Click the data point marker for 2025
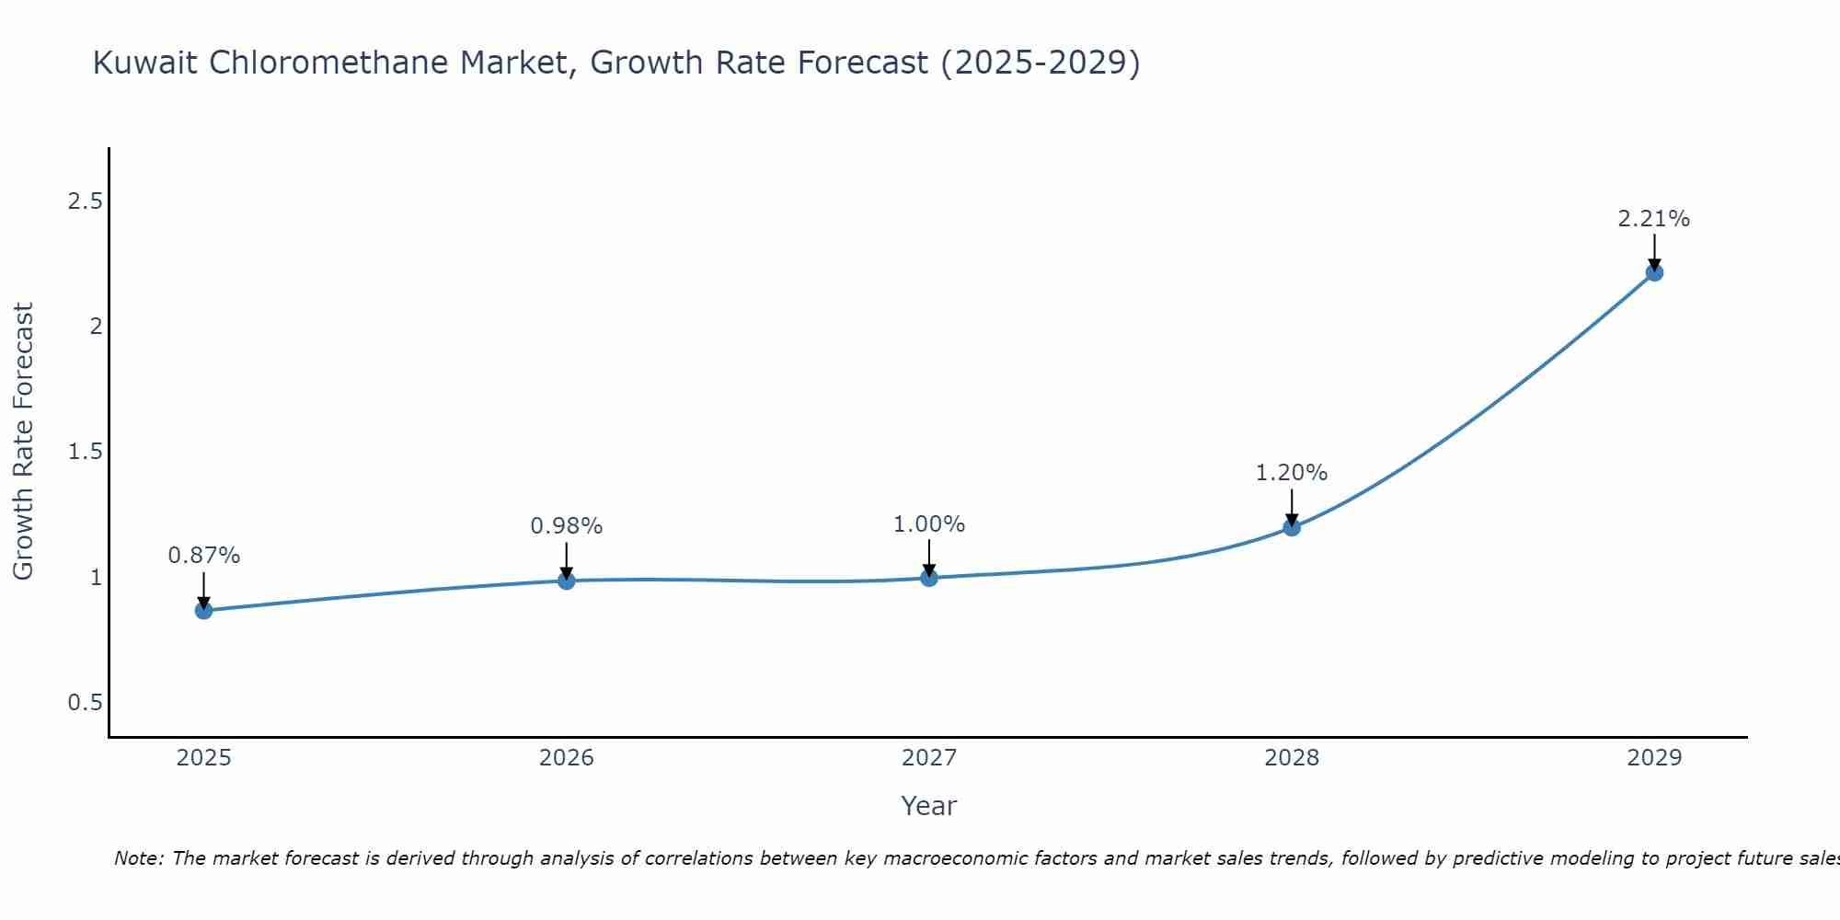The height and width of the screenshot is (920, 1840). [203, 610]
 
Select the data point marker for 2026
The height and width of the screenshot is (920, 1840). [566, 581]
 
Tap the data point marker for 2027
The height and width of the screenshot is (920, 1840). [928, 578]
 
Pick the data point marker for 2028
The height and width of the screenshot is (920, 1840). [1291, 527]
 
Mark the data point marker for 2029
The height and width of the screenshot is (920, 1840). [1653, 272]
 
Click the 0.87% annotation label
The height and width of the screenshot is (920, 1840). [203, 556]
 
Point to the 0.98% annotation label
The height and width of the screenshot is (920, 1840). [566, 526]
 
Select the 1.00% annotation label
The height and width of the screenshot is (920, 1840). [928, 524]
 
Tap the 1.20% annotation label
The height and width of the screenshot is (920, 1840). [1291, 473]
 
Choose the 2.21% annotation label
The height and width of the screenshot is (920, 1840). [1653, 219]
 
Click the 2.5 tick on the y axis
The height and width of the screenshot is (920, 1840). [85, 201]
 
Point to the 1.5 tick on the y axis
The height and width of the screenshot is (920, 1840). [85, 452]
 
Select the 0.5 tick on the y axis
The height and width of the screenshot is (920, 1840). [85, 703]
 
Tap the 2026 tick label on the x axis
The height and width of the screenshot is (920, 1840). [566, 758]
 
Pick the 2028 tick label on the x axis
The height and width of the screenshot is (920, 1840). [1291, 758]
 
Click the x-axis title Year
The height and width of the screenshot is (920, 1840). [928, 806]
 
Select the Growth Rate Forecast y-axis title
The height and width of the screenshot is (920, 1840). [23, 442]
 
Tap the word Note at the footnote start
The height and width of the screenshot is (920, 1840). [138, 858]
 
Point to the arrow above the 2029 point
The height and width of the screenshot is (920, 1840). [1653, 250]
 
